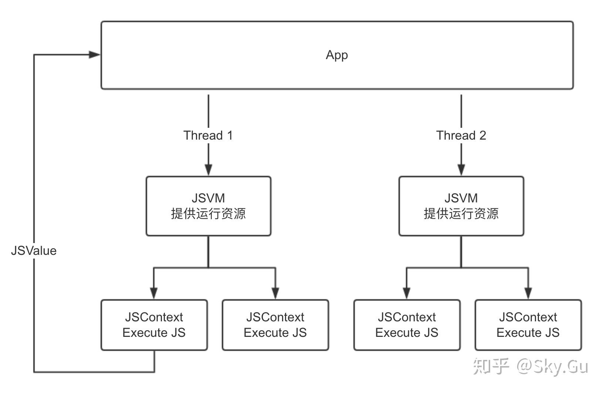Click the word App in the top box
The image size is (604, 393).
point(336,55)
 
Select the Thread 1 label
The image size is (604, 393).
point(208,136)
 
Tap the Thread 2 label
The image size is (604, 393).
point(461,136)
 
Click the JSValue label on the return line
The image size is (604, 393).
point(34,251)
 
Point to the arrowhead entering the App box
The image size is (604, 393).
point(95,55)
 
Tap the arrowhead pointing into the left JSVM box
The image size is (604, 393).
point(208,170)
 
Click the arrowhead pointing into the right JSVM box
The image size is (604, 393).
point(461,170)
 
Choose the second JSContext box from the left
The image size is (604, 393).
point(275,325)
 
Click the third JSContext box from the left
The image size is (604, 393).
point(407,325)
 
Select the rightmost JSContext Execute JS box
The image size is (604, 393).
point(528,325)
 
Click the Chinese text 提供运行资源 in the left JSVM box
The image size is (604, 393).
point(208,214)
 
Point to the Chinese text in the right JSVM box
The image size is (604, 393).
point(461,214)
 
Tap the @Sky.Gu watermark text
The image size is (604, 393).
point(552,366)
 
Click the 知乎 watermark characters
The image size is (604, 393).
point(491,366)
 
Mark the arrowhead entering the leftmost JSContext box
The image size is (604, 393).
point(154,293)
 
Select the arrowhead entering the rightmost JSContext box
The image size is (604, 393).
point(528,293)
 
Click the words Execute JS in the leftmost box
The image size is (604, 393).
point(154,333)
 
